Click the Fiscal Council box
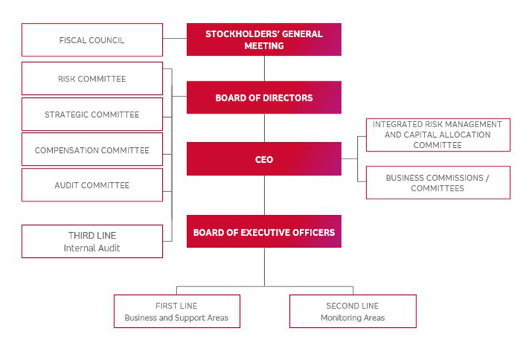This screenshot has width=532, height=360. (x=92, y=39)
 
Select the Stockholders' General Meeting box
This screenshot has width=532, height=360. (x=264, y=39)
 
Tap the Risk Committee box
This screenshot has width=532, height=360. (x=92, y=79)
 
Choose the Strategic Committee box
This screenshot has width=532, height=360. (x=92, y=114)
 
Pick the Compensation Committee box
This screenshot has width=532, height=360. (x=92, y=150)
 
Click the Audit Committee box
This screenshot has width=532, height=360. (x=92, y=185)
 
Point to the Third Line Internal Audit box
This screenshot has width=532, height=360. (x=92, y=241)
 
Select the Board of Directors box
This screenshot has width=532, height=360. (x=264, y=97)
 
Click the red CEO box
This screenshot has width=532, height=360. (x=264, y=159)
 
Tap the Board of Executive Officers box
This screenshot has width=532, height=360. (x=264, y=231)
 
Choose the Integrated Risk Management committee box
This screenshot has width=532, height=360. (x=438, y=134)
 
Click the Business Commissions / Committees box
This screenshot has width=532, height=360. (x=438, y=182)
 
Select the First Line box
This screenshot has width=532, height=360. (x=176, y=311)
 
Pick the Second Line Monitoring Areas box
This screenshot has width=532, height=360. (x=352, y=311)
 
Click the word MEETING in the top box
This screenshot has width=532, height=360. (x=264, y=46)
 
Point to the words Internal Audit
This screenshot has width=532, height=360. (x=92, y=247)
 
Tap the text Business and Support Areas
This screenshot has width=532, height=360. (x=176, y=317)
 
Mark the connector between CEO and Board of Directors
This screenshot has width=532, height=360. (x=264, y=127)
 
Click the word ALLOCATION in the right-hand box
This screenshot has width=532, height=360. (x=466, y=134)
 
